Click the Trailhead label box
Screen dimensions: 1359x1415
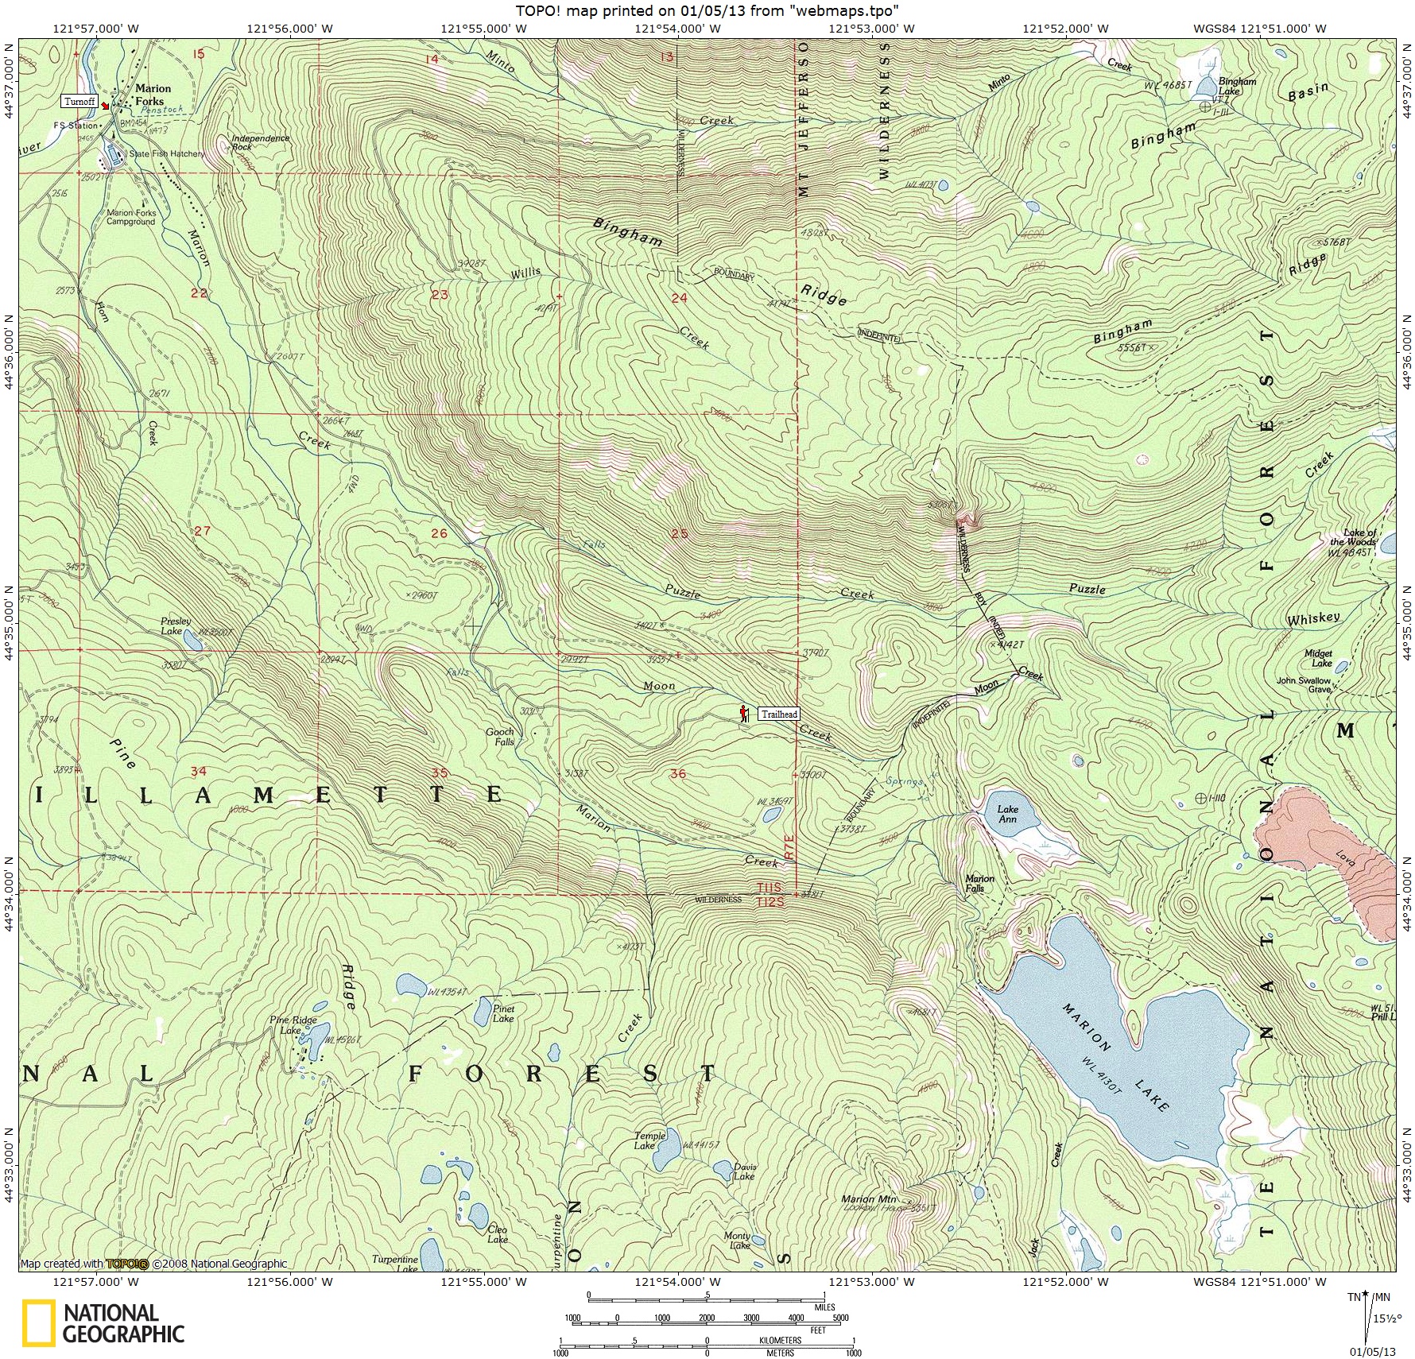coord(778,714)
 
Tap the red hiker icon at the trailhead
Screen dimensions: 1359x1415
coord(744,712)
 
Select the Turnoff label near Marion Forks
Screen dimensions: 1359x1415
coord(79,102)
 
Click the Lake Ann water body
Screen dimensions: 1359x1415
coord(1006,814)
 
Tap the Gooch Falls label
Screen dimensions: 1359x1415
coord(501,737)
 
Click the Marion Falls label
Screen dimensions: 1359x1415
coord(979,883)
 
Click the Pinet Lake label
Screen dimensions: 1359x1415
coord(503,1013)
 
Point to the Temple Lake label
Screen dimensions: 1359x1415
coord(649,1141)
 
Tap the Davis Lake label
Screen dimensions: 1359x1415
coord(744,1171)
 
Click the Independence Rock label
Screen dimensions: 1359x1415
coord(260,142)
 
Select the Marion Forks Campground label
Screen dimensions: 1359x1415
coord(131,217)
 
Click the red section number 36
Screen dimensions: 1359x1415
coord(677,773)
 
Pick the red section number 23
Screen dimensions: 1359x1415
coord(439,295)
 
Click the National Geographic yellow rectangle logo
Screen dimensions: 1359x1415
coord(38,1323)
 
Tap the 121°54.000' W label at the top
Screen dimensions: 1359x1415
coord(678,29)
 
